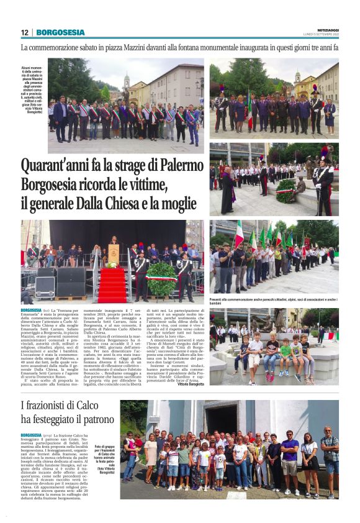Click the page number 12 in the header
pos(24,32)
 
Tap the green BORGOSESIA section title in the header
pos(60,32)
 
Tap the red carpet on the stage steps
pos(112,285)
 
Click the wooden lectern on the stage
pos(114,253)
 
